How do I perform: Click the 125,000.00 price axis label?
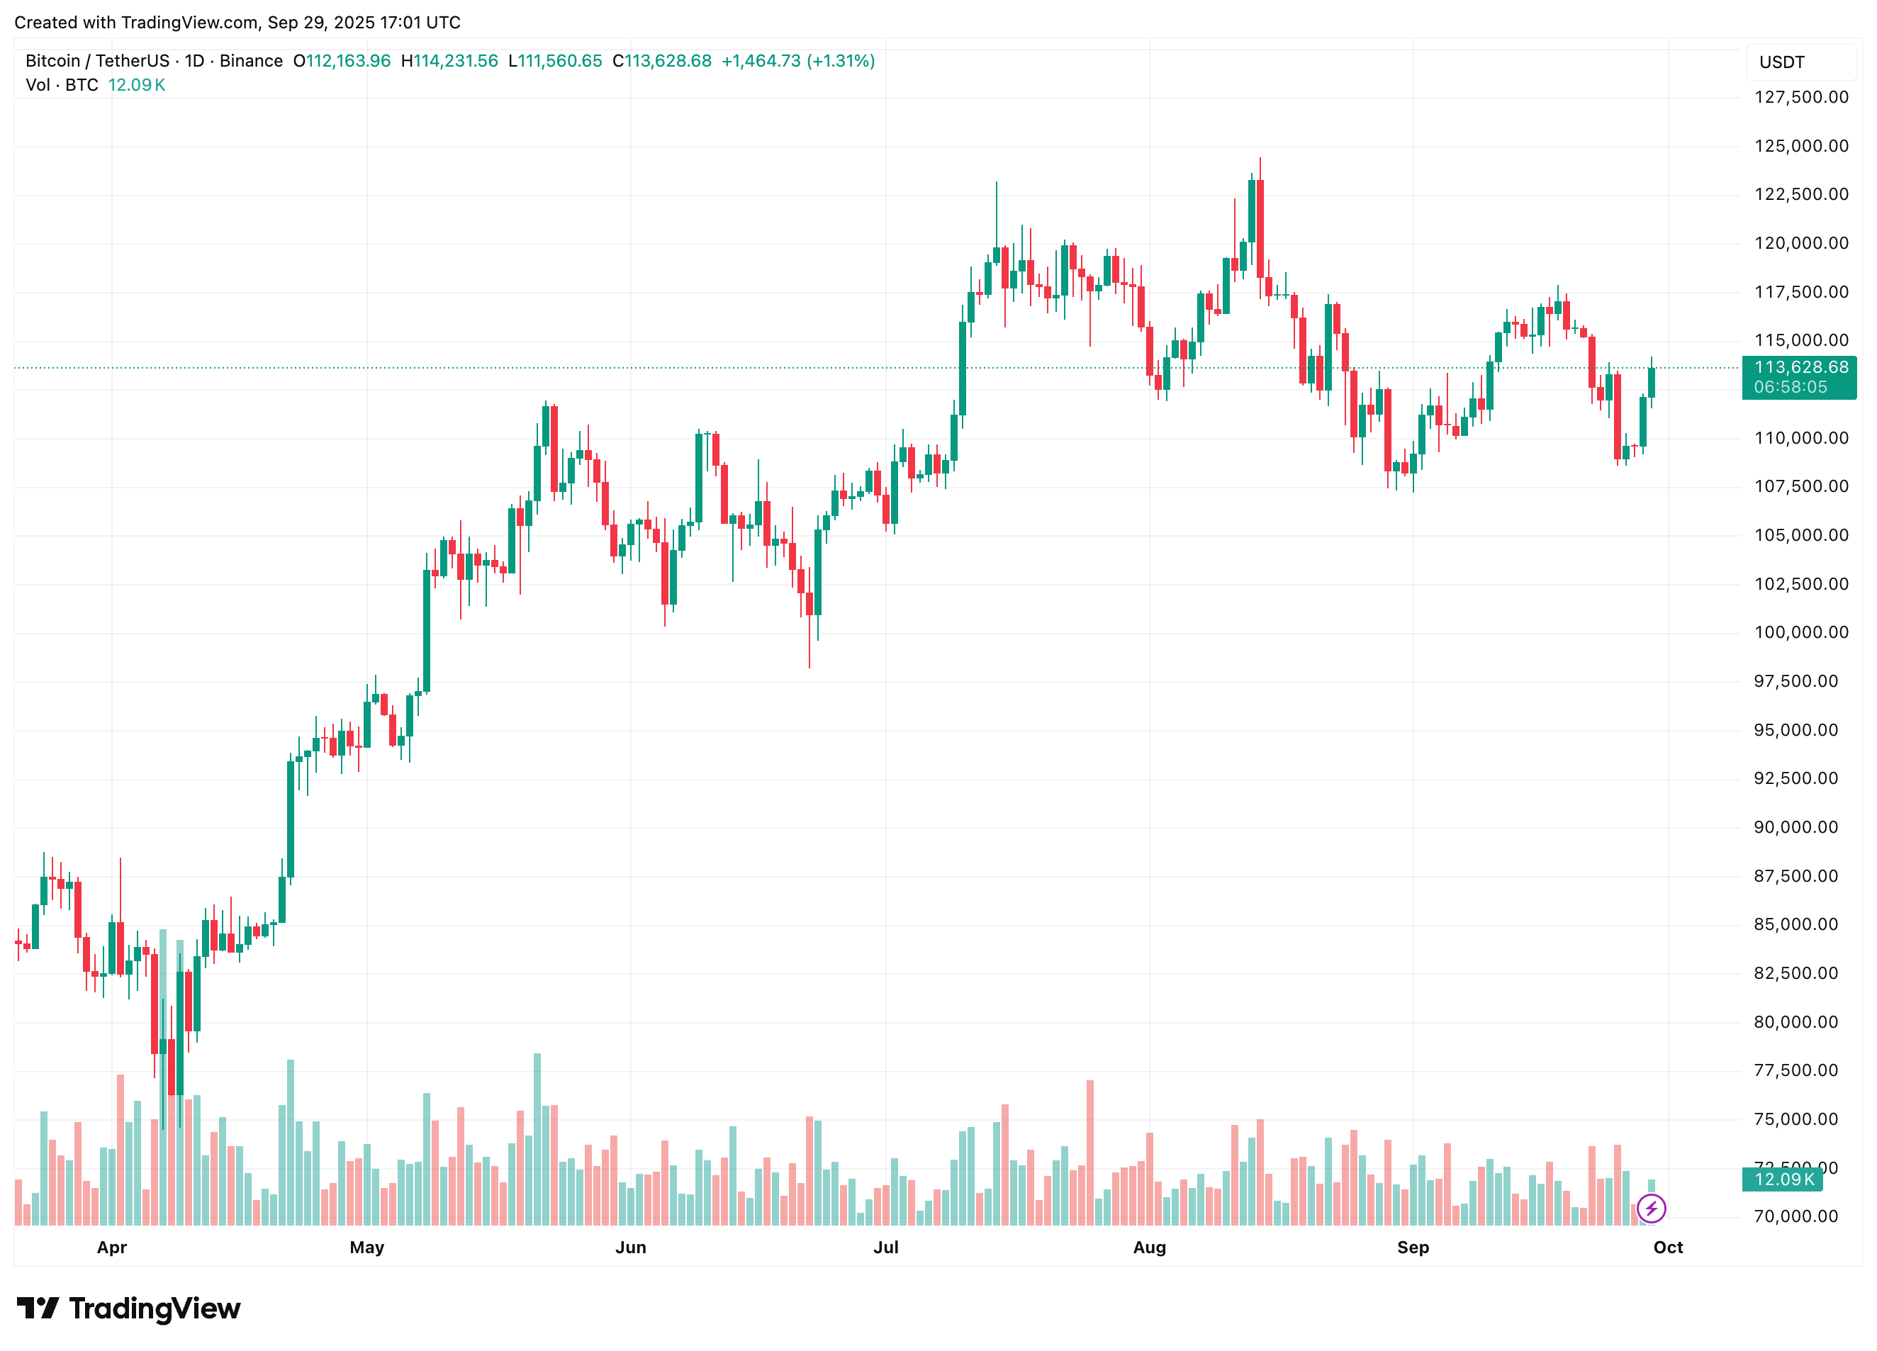(1801, 147)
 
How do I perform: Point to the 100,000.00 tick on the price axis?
(1801, 632)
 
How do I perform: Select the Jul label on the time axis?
(885, 1248)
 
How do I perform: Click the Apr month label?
(112, 1248)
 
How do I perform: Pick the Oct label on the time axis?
(1668, 1248)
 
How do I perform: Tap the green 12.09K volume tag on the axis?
(1783, 1179)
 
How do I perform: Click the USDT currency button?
(1782, 62)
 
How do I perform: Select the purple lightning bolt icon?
(1651, 1209)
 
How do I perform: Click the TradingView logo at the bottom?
(129, 1308)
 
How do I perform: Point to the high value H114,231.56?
(449, 61)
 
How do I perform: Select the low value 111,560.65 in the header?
(559, 61)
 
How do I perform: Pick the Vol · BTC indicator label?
(62, 85)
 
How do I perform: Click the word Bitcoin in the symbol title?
(53, 61)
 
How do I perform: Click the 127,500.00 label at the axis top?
(1801, 98)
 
